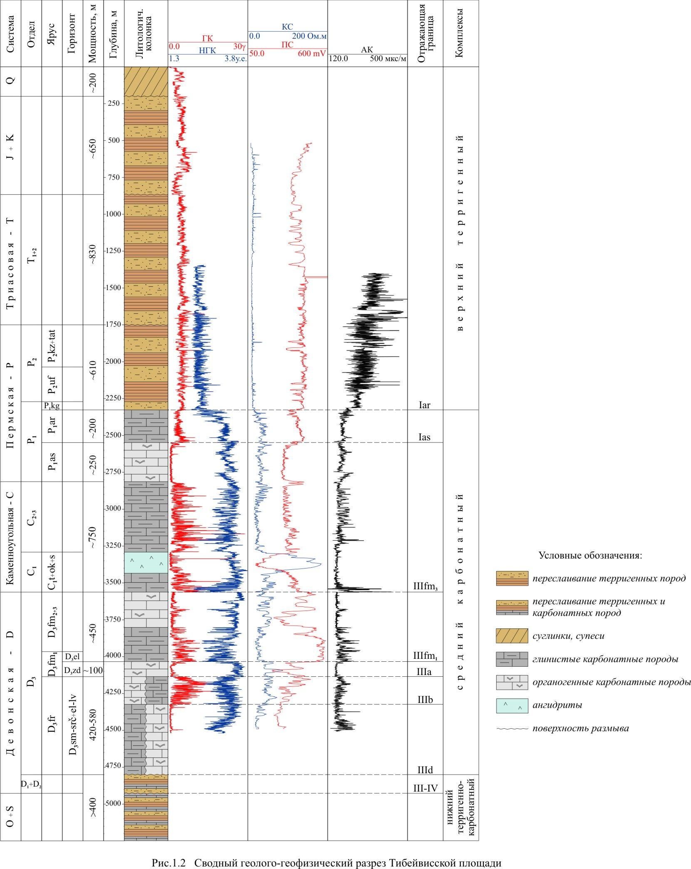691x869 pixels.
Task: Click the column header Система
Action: click(x=11, y=34)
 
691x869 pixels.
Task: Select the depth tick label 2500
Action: click(x=114, y=435)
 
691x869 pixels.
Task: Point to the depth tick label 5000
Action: click(x=114, y=803)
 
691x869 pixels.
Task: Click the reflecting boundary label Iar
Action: click(x=424, y=405)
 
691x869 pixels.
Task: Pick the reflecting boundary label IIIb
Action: click(x=425, y=700)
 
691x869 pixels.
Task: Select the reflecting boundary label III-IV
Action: click(x=425, y=787)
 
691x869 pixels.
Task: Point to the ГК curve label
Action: click(x=207, y=39)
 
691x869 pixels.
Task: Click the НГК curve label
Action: click(x=207, y=51)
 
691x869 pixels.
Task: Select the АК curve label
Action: click(x=367, y=50)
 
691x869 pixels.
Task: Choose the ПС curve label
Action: click(x=287, y=45)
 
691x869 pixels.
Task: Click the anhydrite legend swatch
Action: click(x=512, y=705)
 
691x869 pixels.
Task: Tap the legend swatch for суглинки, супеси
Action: click(x=512, y=636)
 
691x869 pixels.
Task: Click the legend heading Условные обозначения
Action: click(x=590, y=556)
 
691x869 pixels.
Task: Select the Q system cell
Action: click(x=11, y=81)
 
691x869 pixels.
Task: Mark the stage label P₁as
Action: click(x=52, y=462)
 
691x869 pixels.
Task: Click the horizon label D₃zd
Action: click(x=72, y=670)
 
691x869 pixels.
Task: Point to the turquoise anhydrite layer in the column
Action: click(x=146, y=562)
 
